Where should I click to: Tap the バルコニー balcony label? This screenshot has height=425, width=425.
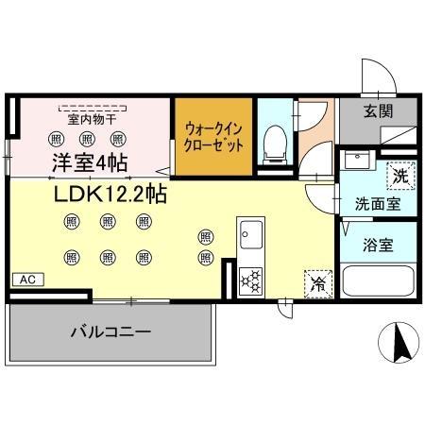tap(110, 331)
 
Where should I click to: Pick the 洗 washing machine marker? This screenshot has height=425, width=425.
tap(400, 175)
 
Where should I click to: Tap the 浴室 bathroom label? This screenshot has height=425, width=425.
tap(379, 245)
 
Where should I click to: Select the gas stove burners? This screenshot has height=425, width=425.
tap(252, 278)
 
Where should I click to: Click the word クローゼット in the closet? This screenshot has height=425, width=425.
tap(213, 145)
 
